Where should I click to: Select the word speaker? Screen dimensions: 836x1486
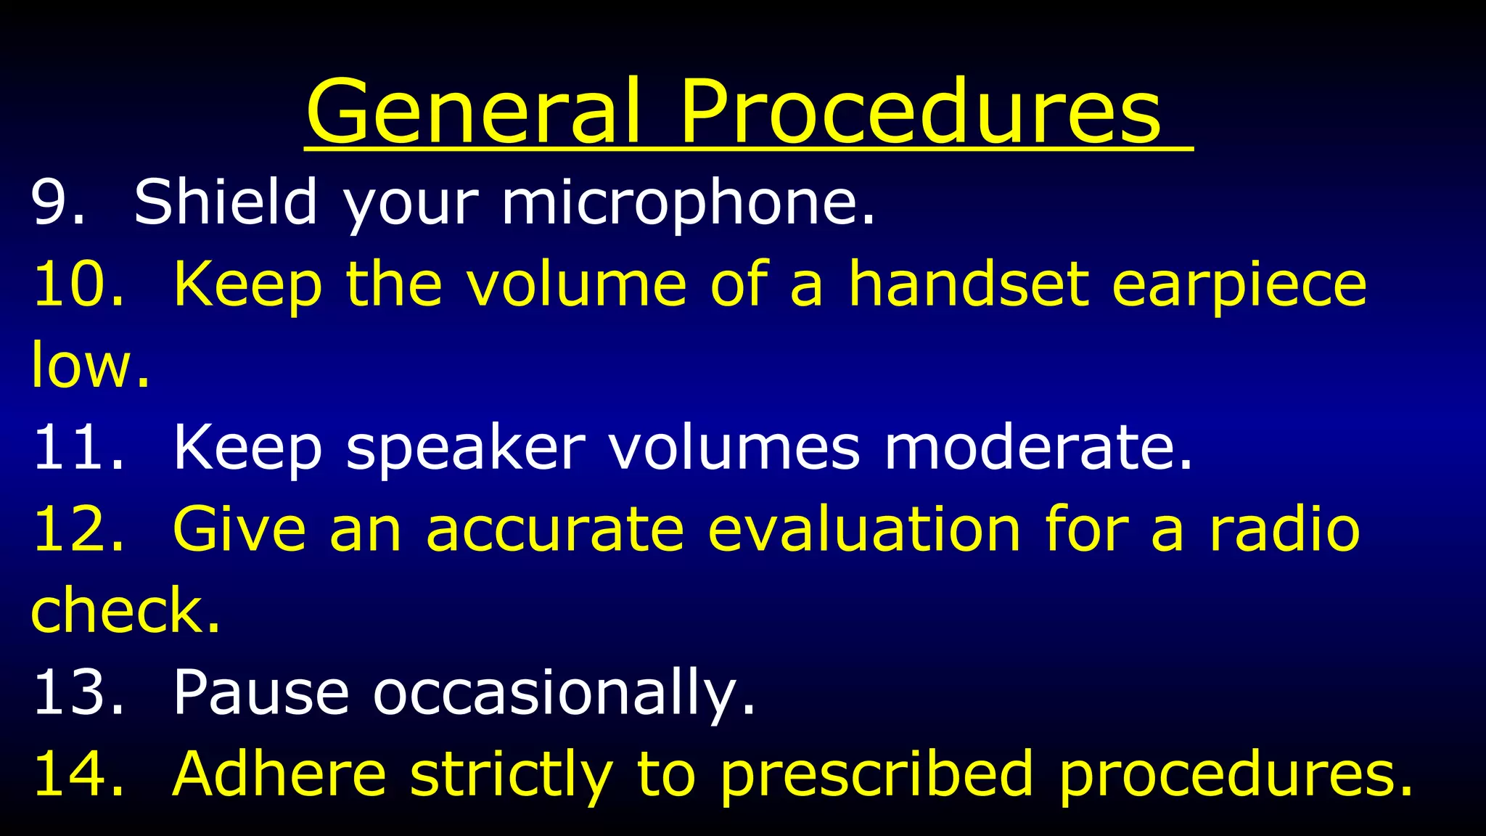(465, 448)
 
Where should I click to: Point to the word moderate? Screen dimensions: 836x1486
(1038, 447)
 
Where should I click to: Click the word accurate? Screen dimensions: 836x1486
(554, 529)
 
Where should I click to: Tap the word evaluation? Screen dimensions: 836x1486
(864, 529)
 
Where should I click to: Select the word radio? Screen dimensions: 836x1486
(1284, 529)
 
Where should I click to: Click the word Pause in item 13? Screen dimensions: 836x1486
(260, 692)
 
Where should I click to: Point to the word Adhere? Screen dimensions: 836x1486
(279, 774)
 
